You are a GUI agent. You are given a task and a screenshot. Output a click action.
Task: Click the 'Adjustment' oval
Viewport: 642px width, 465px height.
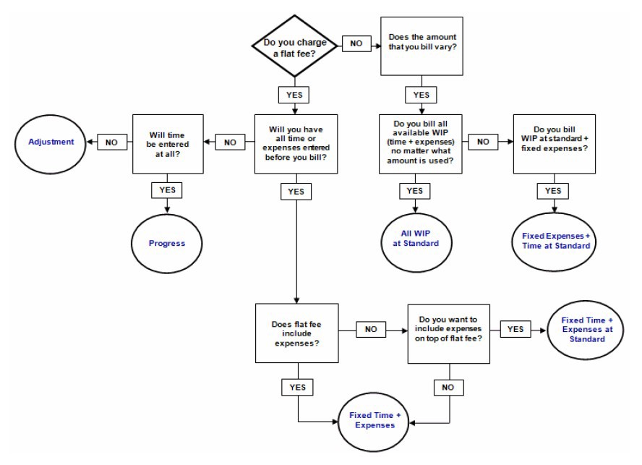click(x=51, y=142)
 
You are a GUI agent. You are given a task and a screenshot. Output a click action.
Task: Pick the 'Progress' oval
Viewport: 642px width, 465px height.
click(x=168, y=243)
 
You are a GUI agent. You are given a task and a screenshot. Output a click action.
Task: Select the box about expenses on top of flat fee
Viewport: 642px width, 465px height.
click(x=450, y=331)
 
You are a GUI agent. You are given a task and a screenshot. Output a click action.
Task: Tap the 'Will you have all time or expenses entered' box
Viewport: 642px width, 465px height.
click(x=295, y=142)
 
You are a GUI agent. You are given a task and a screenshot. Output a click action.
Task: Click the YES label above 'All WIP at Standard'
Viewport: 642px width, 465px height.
click(x=415, y=190)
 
